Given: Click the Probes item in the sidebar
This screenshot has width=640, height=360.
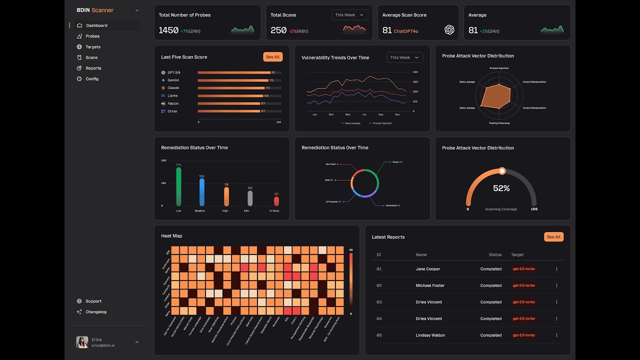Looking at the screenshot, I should point(92,36).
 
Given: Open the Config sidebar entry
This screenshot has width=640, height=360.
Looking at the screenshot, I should point(91,78).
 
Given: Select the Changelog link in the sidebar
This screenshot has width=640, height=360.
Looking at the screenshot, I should point(95,311).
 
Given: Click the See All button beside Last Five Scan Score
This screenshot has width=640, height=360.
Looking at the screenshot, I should point(272,57).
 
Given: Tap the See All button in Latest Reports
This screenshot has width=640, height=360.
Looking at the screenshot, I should point(553,237).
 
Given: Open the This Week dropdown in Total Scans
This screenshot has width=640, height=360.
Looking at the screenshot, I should point(349,15).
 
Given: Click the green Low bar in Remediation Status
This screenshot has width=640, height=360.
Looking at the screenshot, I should point(178,186).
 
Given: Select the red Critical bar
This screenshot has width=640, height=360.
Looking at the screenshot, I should point(276,201).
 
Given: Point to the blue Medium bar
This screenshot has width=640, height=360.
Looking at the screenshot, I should point(202,192).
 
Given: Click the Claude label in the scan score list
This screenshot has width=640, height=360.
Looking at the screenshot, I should point(173,88).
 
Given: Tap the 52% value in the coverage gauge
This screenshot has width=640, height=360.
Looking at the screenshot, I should point(501,188).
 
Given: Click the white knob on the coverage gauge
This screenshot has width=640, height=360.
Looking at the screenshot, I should point(502,171).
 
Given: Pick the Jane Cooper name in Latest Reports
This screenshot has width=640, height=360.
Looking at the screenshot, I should point(428,269).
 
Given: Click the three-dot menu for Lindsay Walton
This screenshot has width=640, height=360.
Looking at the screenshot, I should point(556,335).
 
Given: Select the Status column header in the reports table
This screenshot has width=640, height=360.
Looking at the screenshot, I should point(495,254).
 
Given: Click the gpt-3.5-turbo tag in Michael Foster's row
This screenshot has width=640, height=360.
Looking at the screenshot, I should point(523,285).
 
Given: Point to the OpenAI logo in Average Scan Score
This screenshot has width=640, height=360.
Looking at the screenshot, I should point(449,30).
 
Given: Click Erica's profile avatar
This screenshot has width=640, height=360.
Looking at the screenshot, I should point(82,342).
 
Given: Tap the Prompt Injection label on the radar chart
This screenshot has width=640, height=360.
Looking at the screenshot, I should point(498,68).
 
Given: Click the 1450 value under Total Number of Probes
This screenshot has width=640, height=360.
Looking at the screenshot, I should point(168,30).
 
